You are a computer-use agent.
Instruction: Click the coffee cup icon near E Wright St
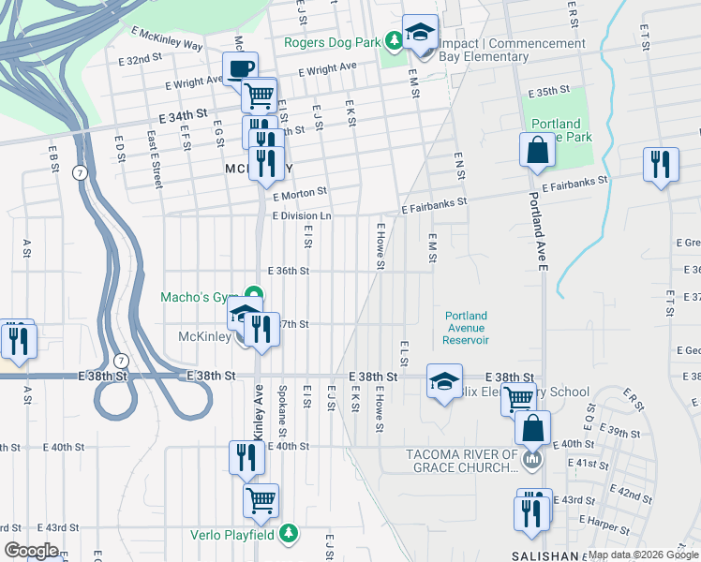[240, 68]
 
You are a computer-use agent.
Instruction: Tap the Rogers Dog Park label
[333, 42]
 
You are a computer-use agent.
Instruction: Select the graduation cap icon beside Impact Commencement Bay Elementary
[420, 31]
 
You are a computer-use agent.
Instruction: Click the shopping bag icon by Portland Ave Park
[538, 151]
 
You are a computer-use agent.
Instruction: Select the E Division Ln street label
[302, 215]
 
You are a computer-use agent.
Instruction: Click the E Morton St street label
[300, 191]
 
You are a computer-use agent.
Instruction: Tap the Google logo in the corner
[31, 551]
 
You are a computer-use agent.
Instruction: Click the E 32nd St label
[142, 59]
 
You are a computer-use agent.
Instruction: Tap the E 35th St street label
[549, 92]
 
